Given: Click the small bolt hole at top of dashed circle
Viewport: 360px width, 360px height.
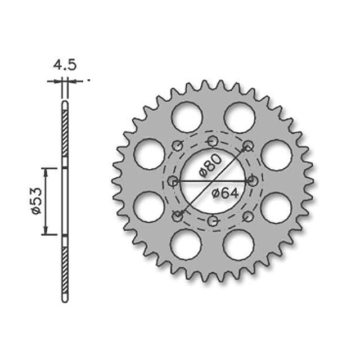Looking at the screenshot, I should tap(212, 141).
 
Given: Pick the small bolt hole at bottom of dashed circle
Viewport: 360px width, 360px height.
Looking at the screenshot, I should tap(212, 222).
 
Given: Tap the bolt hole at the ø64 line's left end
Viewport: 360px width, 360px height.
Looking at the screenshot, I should tap(173, 181).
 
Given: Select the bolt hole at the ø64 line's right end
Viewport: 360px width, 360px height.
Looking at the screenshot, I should tap(253, 181).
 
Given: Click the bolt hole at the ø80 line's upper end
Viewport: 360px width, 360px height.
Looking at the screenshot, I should tap(247, 146).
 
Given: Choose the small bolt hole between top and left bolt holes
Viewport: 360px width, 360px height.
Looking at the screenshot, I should tap(177, 147).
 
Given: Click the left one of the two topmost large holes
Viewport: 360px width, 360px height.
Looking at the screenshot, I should tap(187, 116).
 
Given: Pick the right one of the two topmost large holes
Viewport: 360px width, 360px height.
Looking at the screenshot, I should tap(239, 117).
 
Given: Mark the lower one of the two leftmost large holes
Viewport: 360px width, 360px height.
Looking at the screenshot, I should tap(149, 208).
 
